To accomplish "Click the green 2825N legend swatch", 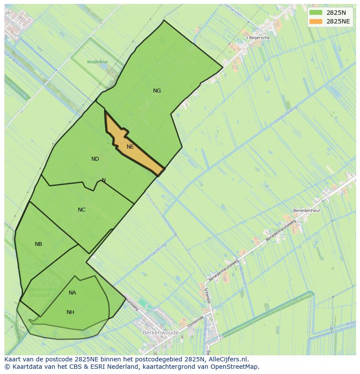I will pyautogui.click(x=316, y=13).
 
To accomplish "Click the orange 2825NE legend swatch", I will pyautogui.click(x=316, y=21).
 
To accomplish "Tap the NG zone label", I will pyautogui.click(x=157, y=91).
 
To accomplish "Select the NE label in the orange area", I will pyautogui.click(x=130, y=147).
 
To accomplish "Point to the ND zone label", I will pyautogui.click(x=95, y=159).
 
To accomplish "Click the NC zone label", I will pyautogui.click(x=82, y=210).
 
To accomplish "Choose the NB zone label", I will pyautogui.click(x=39, y=244).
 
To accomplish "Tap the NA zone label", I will pyautogui.click(x=72, y=293).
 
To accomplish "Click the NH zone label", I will pyautogui.click(x=70, y=312).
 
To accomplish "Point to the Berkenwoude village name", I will pyautogui.click(x=160, y=333).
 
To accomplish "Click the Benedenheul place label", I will pyautogui.click(x=307, y=210).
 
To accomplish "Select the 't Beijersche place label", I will pyautogui.click(x=257, y=38).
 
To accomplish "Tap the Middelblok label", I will pyautogui.click(x=97, y=62).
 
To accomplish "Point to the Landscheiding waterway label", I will pyautogui.click(x=286, y=115).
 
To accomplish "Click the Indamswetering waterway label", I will pyautogui.click(x=153, y=254).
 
